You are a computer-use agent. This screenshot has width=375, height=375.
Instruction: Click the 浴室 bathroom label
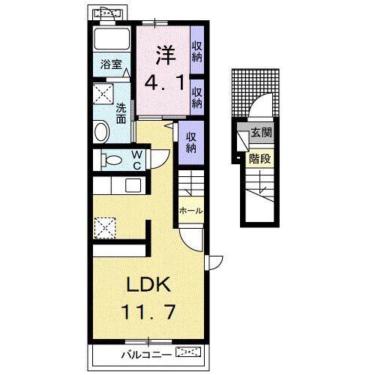pyautogui.click(x=111, y=64)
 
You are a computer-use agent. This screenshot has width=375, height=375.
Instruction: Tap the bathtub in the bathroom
pyautogui.click(x=112, y=39)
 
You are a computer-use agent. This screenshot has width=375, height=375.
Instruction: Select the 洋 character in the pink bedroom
pyautogui.click(x=166, y=54)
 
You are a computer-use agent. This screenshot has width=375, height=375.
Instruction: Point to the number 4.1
pyautogui.click(x=165, y=83)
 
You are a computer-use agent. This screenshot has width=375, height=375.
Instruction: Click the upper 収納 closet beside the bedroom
pyautogui.click(x=197, y=52)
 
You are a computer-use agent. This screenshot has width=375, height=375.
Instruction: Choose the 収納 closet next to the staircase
pyautogui.click(x=191, y=142)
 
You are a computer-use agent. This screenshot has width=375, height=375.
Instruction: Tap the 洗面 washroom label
pyautogui.click(x=121, y=113)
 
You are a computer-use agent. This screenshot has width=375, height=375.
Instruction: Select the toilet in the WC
pyautogui.click(x=111, y=160)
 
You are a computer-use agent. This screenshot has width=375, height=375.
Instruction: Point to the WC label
pyautogui.click(x=136, y=160)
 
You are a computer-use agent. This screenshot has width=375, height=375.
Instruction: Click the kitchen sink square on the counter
pyautogui.click(x=133, y=186)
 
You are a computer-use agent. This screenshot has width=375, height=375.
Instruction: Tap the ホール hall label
pyautogui.click(x=191, y=211)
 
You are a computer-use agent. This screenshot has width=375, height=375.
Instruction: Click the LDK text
pyautogui.click(x=148, y=284)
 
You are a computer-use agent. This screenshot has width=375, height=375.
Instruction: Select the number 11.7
pyautogui.click(x=148, y=312)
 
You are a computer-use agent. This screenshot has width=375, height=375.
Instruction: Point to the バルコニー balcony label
pyautogui.click(x=147, y=355)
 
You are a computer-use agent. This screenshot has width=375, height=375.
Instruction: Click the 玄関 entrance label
pyautogui.click(x=261, y=133)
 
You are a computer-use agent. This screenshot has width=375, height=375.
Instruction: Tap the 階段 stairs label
pyautogui.click(x=260, y=159)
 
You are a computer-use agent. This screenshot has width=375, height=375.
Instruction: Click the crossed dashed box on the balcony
pyautogui.click(x=188, y=352)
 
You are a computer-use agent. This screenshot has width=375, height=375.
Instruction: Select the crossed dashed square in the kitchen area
pyautogui.click(x=105, y=228)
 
